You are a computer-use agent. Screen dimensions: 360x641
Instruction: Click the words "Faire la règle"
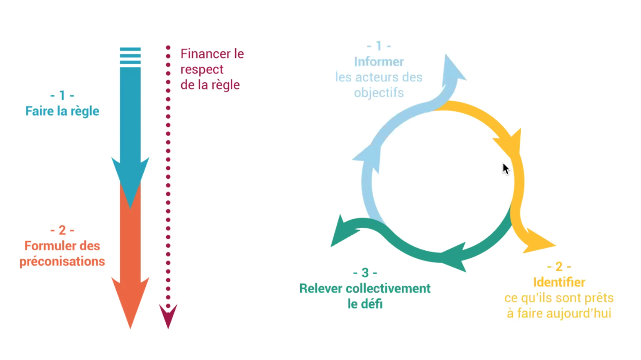(62, 111)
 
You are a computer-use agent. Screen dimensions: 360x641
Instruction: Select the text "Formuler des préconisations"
(62, 253)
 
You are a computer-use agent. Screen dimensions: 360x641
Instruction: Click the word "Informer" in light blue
(379, 61)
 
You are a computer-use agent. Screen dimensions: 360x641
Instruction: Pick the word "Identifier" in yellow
(559, 282)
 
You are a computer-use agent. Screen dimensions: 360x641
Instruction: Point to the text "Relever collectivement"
(365, 289)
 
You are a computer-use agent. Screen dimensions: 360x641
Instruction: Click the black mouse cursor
(506, 169)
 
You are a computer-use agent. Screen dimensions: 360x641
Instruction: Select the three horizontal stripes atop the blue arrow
(130, 56)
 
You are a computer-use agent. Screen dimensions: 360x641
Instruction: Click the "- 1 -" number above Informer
(379, 46)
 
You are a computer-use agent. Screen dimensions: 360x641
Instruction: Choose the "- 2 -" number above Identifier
(559, 267)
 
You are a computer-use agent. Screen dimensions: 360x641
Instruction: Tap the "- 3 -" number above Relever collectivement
(365, 273)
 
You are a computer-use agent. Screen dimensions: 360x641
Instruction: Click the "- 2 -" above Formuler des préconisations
(62, 230)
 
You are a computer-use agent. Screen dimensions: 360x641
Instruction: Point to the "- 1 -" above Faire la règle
(62, 95)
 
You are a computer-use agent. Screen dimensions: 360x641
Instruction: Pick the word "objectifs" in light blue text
(379, 93)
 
